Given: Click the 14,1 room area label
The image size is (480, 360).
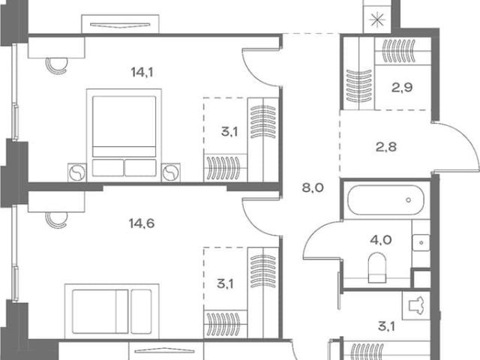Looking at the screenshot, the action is tap(142, 73).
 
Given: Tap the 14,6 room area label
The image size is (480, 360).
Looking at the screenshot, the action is tap(142, 223).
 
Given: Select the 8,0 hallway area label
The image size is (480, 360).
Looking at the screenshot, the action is tap(313, 187).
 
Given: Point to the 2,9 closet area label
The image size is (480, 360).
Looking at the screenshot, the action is tap(402, 88).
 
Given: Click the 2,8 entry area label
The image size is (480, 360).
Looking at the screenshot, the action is tap(386, 147).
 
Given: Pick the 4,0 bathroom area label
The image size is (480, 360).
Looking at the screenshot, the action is tap(381, 240).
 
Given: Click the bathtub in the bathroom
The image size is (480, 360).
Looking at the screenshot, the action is tap(385, 200).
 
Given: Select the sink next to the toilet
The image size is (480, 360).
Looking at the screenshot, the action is tap(421, 243).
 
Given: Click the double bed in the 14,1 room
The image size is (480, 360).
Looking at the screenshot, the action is tap(124, 135).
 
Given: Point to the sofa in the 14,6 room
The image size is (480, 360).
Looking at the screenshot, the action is tap(112, 311).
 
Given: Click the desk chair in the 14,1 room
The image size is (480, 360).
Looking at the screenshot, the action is tap(56, 65).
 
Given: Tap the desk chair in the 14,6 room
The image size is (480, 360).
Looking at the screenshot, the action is tap(56, 220).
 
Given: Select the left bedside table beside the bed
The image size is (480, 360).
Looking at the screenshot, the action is tap(77, 172).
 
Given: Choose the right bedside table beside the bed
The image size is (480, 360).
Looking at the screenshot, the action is tap(171, 172).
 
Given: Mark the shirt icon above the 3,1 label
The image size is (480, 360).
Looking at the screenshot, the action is tap(416, 305).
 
